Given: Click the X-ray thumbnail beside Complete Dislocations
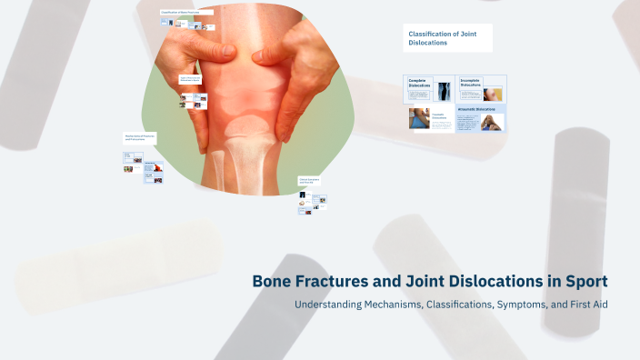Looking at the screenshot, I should tap(444, 90).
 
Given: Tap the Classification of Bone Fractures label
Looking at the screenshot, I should tap(185, 12).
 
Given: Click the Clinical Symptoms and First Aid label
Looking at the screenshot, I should tap(311, 180).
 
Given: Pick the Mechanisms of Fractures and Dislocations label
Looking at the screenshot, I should tap(139, 137).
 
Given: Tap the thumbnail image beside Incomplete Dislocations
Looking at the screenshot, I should tap(493, 93).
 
